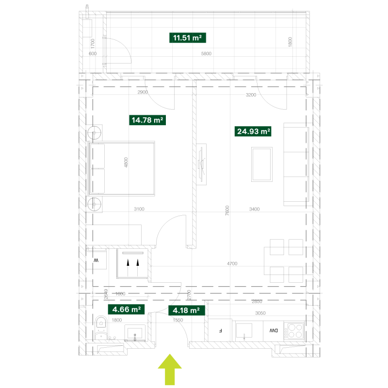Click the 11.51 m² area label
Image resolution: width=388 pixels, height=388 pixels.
point(186,38)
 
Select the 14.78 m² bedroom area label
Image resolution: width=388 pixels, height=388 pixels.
point(146,120)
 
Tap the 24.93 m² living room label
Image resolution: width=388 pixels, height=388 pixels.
point(253,131)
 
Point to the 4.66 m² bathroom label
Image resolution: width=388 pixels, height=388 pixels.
point(126,309)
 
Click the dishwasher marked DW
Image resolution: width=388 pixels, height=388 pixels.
point(274,331)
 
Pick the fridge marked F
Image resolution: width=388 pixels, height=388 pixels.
point(220,331)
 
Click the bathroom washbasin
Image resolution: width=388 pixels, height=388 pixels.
point(135,333)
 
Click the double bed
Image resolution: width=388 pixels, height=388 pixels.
point(121,168)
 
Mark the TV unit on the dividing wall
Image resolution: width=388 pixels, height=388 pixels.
point(202,164)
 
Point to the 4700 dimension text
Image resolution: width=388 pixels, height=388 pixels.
point(232,264)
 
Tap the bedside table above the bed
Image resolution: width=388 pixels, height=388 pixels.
point(95,132)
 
